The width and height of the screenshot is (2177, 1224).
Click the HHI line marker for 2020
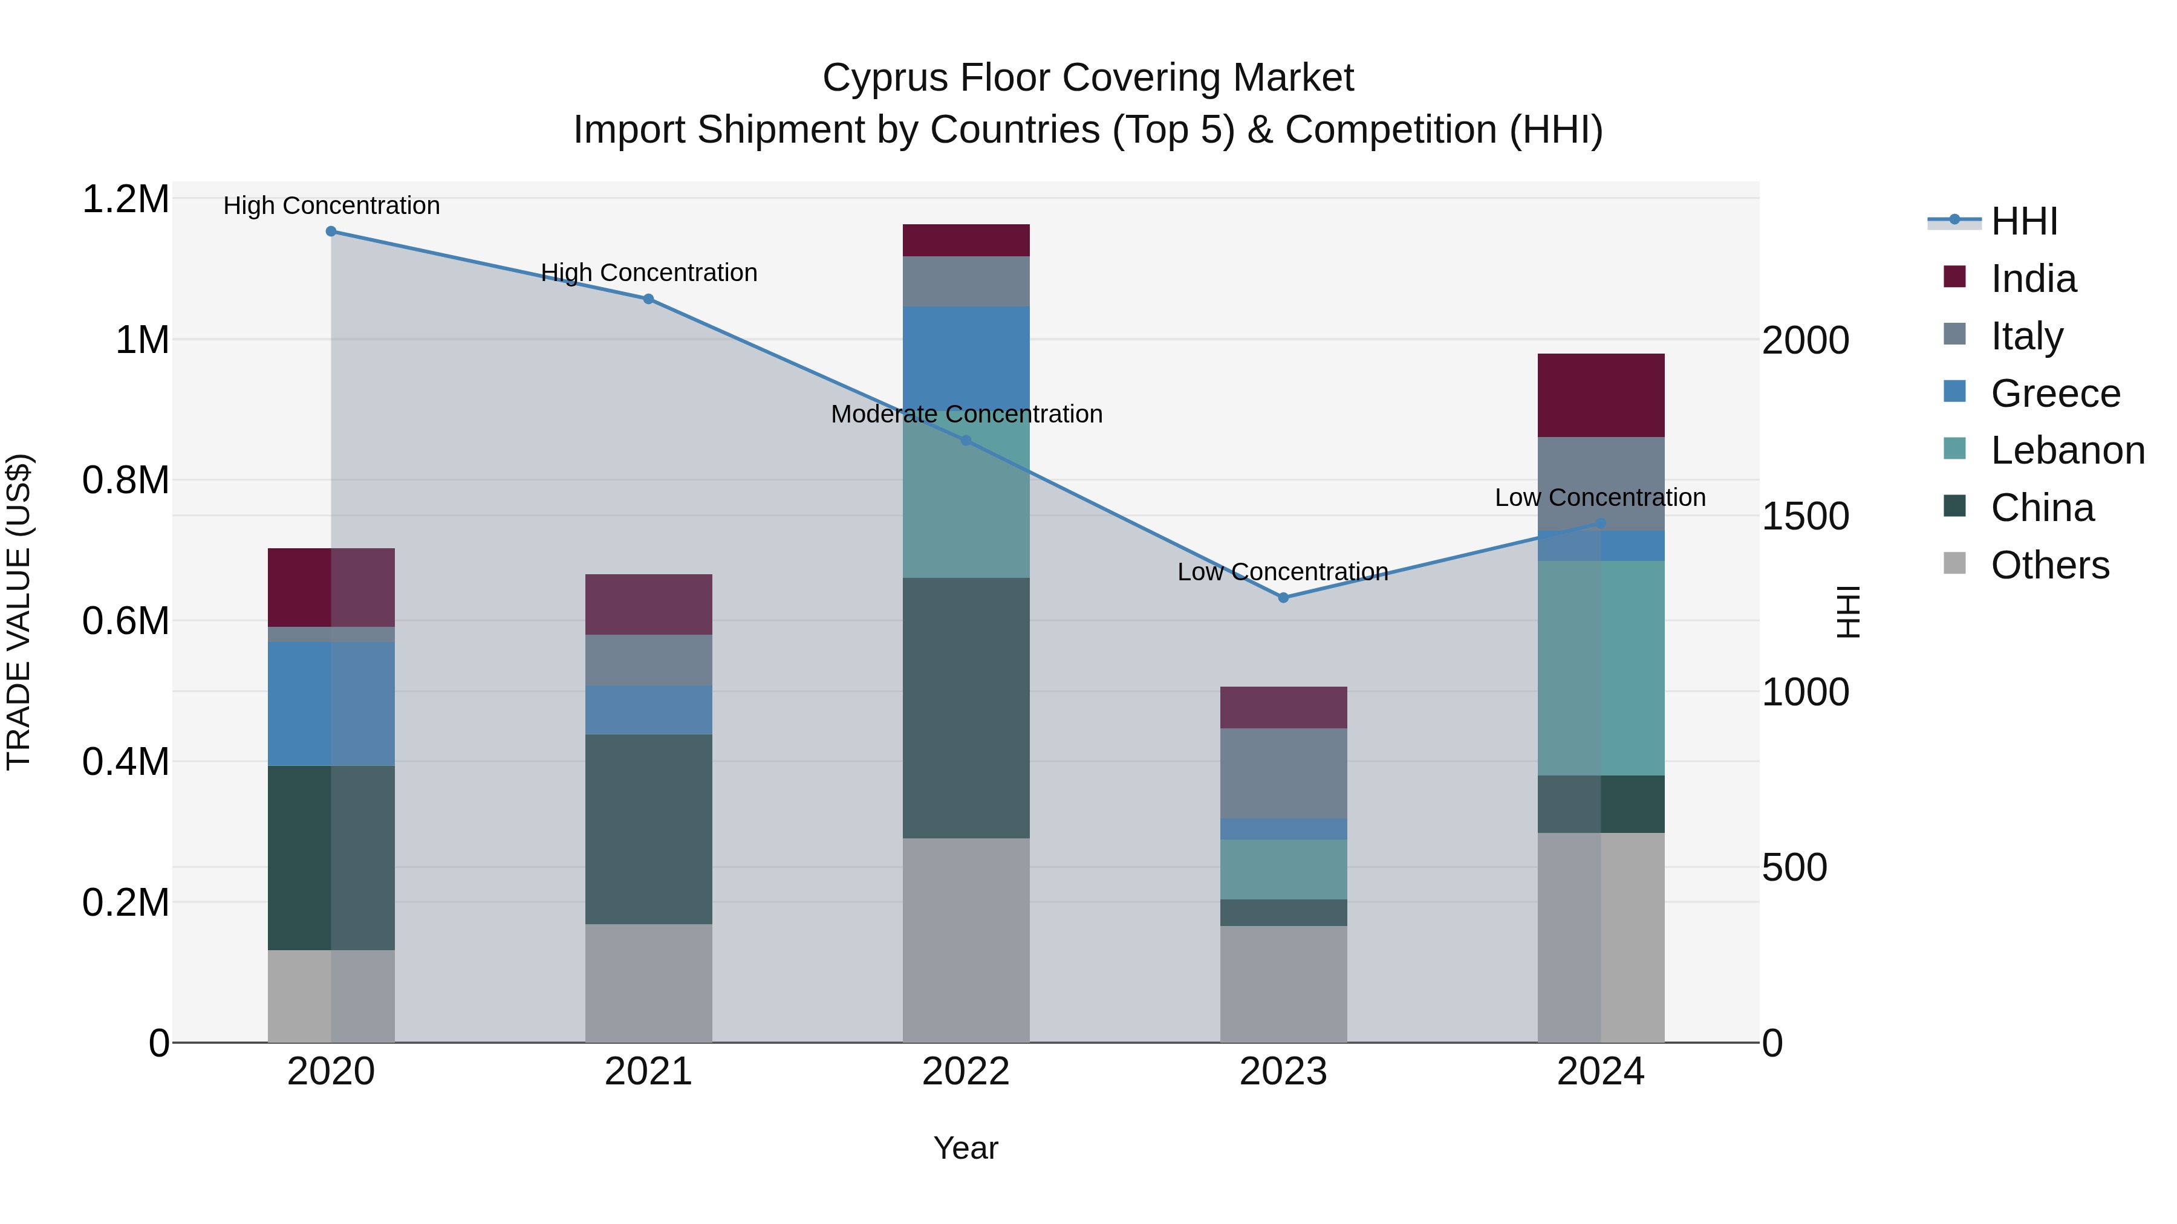[331, 232]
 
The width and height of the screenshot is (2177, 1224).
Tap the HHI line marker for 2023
[1283, 597]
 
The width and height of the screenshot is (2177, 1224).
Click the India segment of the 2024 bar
[1601, 395]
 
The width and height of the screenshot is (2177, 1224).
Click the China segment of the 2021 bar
[648, 829]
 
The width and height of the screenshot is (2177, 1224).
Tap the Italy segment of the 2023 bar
[1283, 773]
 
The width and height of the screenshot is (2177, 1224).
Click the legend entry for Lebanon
[2067, 450]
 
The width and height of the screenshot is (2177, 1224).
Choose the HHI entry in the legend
[2023, 221]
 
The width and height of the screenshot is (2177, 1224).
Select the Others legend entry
[2049, 565]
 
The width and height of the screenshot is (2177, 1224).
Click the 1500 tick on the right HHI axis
[1805, 516]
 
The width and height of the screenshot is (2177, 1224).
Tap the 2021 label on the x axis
[648, 1072]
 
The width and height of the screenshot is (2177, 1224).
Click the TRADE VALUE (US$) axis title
[19, 612]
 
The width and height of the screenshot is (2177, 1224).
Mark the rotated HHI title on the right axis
[1849, 612]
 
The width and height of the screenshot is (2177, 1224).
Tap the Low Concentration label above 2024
[1599, 497]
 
